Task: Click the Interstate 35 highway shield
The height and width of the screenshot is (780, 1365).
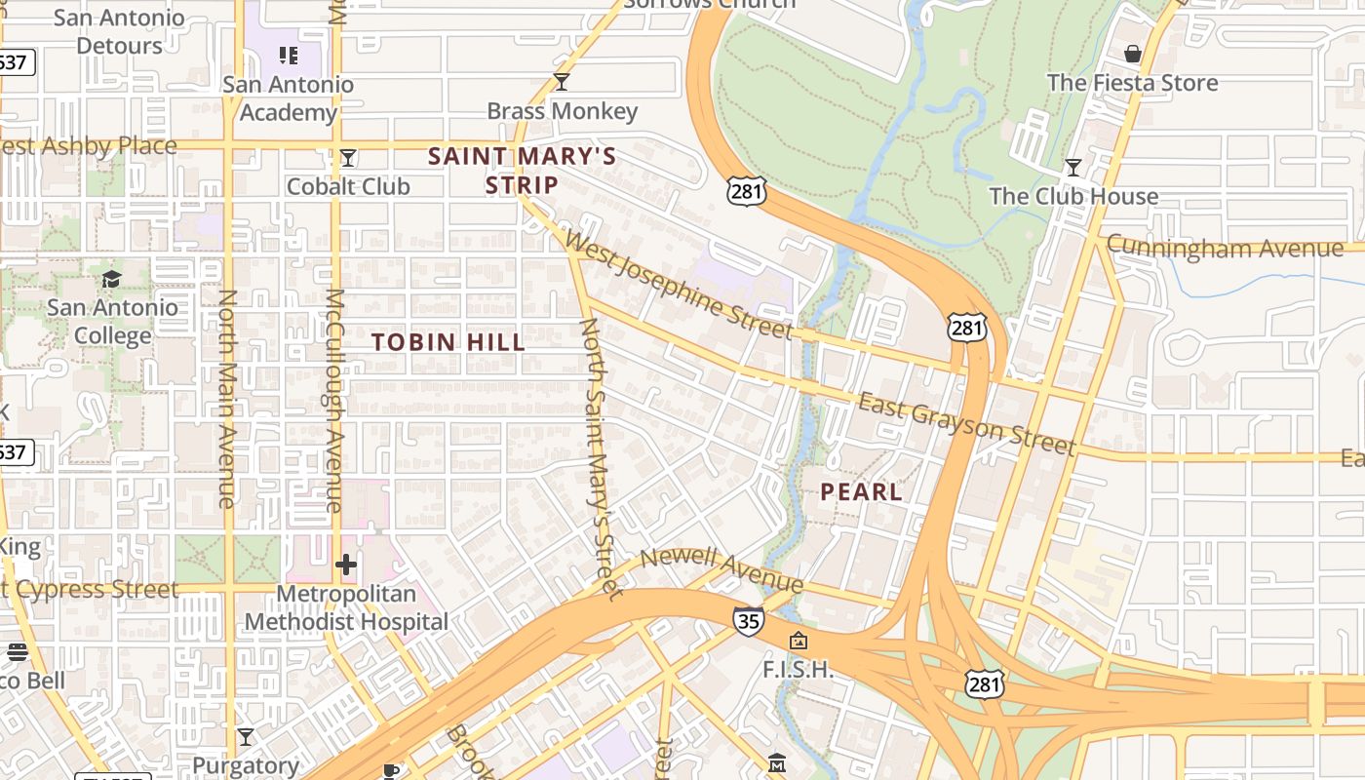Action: click(748, 620)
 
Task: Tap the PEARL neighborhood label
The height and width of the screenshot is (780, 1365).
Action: click(861, 492)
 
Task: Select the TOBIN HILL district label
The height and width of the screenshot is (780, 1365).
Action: click(448, 342)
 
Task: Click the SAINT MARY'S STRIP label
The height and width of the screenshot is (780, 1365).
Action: click(523, 171)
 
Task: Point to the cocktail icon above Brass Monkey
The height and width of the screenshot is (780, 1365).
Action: click(562, 81)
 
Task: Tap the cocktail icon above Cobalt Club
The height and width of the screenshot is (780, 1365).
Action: click(348, 157)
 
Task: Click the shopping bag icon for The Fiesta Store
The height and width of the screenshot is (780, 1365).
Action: click(1133, 53)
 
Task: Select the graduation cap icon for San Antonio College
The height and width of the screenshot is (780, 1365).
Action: click(112, 279)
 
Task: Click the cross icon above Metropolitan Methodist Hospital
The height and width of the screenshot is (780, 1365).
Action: click(346, 565)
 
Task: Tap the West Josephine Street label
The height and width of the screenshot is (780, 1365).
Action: click(679, 285)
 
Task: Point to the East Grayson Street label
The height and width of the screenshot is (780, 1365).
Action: click(967, 423)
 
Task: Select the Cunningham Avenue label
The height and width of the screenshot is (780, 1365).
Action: click(1225, 247)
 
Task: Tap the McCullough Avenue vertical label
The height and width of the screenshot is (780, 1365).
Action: click(334, 400)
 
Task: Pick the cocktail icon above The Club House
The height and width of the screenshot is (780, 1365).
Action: click(1073, 168)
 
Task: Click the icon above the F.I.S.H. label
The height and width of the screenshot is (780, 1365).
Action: click(799, 641)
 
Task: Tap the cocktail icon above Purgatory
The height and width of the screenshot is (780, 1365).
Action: click(246, 737)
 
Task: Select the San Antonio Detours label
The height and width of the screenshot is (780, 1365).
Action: click(119, 31)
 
